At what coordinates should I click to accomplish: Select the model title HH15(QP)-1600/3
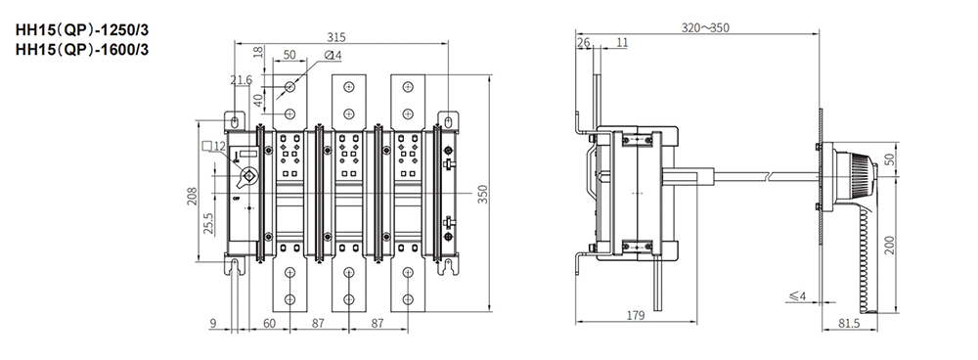82,50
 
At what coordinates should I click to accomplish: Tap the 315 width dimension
335,37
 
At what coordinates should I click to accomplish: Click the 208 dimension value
193,196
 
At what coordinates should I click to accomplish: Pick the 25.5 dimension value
209,222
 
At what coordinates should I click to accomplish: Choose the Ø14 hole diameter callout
333,56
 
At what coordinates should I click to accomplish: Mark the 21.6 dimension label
241,80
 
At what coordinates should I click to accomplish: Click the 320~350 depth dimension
705,27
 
